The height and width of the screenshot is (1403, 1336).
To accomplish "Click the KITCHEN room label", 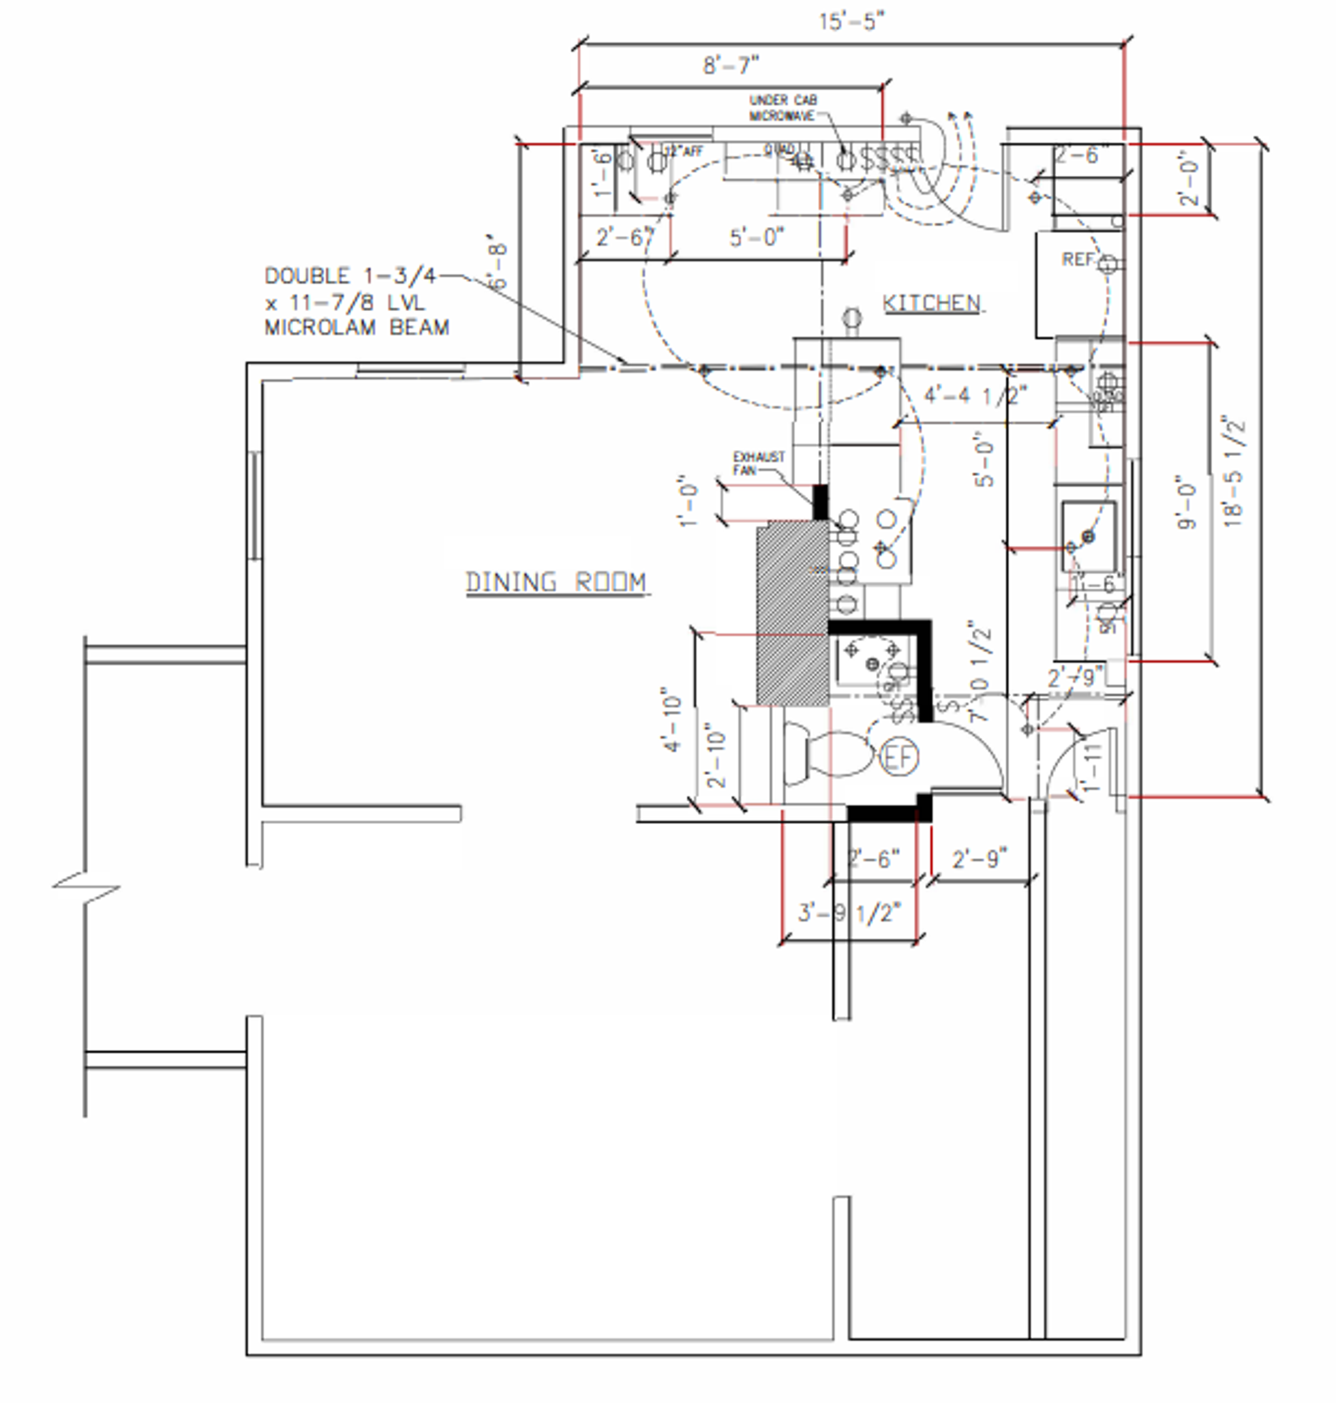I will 932,303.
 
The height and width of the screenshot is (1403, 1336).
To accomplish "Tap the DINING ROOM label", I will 556,582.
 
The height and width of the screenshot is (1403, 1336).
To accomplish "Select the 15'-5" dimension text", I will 851,22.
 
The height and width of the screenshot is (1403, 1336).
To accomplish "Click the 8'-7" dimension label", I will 731,65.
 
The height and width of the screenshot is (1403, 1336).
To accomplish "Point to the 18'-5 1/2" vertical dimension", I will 1236,472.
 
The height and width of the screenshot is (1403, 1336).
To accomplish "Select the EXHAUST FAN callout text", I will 758,463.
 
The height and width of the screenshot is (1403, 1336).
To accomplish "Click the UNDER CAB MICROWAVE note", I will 783,108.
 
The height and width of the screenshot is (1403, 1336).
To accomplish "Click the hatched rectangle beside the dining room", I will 792,612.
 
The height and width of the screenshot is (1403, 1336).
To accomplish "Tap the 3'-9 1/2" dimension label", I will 849,913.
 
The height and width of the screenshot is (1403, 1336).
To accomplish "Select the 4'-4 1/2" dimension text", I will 976,395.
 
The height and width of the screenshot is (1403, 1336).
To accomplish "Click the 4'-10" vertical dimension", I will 671,719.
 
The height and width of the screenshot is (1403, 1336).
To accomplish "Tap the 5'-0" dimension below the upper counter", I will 757,237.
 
